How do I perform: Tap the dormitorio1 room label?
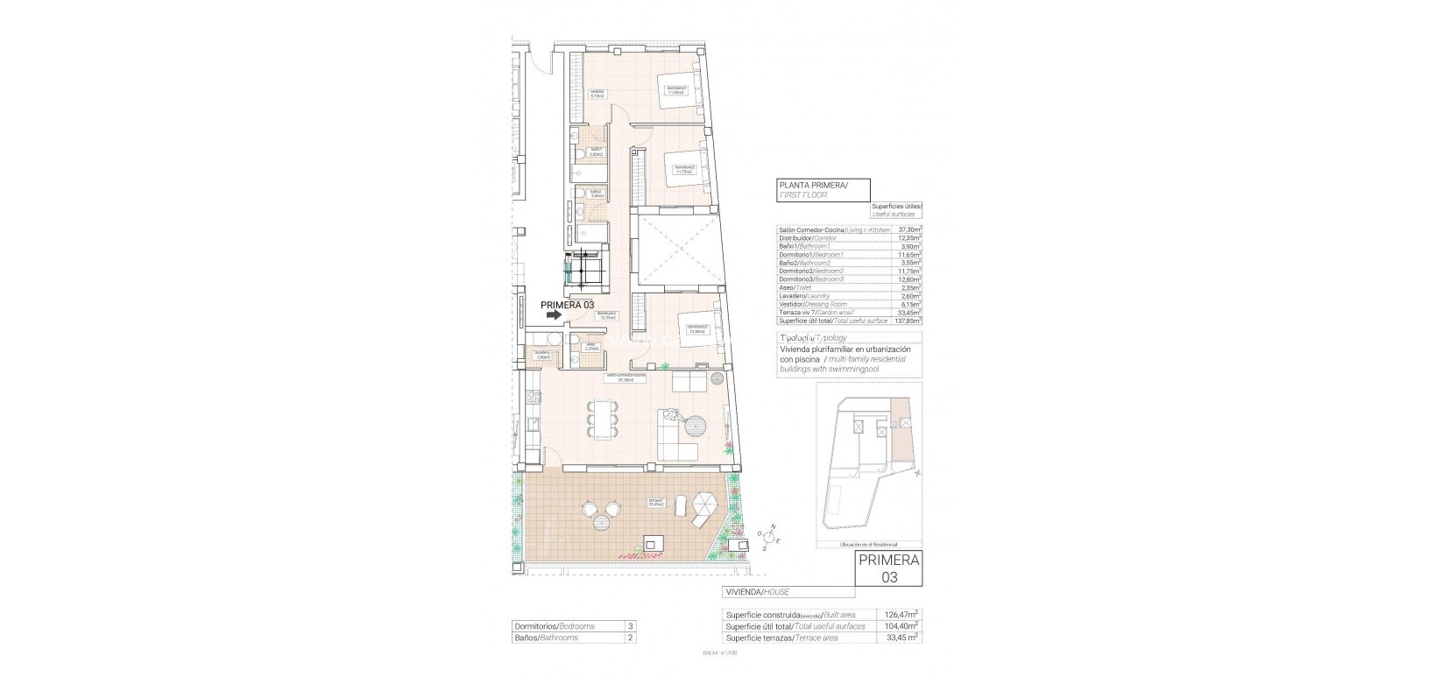(x=674, y=88)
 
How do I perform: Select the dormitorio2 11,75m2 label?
(x=684, y=169)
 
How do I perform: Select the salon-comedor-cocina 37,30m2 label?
(x=626, y=377)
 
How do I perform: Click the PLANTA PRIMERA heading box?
(x=823, y=190)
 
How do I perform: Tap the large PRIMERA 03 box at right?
(x=888, y=568)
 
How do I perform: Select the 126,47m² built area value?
(x=900, y=615)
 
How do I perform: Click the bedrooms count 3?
(x=631, y=626)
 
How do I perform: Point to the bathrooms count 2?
(x=631, y=638)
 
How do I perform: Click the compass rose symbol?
(x=771, y=533)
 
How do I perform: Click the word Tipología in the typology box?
(x=795, y=337)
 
